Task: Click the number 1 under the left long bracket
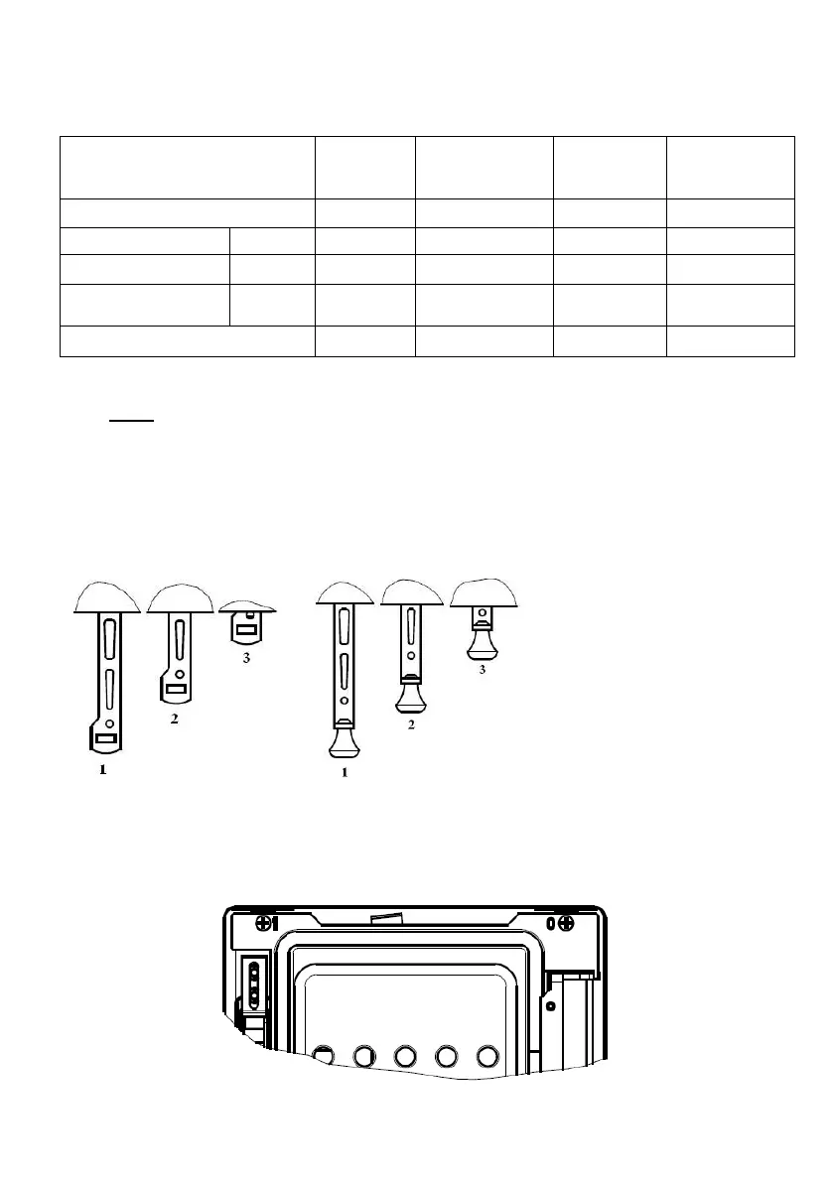(102, 770)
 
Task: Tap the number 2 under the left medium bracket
(174, 719)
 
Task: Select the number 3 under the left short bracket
(246, 658)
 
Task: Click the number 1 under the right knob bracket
(345, 772)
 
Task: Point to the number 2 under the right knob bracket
(411, 724)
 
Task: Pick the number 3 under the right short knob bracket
(483, 669)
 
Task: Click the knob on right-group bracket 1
(345, 739)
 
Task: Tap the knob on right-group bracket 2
(411, 695)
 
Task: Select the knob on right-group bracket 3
(483, 643)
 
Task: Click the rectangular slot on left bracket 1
(105, 739)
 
